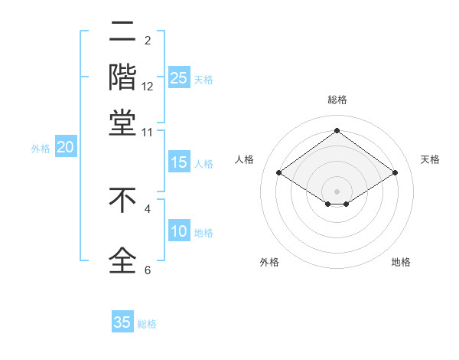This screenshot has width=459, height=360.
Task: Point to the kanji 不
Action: coord(122,201)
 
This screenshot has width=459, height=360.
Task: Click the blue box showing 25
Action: coord(179,77)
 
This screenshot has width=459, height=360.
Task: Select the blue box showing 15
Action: coord(179,162)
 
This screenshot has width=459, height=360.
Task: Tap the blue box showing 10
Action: coord(179,231)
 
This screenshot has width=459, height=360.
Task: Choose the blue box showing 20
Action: coord(66,148)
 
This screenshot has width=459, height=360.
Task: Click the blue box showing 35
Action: coord(122,322)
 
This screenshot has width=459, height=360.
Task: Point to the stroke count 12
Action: coord(148,87)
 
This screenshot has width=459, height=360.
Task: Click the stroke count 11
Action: coord(148,132)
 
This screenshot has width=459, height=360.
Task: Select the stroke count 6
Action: coord(148,270)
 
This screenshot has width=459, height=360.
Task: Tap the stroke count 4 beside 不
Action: coord(148,208)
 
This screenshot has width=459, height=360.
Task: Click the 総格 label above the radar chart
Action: coord(337,100)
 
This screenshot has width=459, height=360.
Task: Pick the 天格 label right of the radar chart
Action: coord(430,159)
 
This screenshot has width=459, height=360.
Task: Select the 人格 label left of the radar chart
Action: coord(245,159)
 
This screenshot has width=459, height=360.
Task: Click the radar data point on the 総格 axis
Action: coord(337,131)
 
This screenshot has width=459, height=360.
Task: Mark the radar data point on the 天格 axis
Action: coord(395,173)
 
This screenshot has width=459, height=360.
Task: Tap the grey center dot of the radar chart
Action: coord(337,191)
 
